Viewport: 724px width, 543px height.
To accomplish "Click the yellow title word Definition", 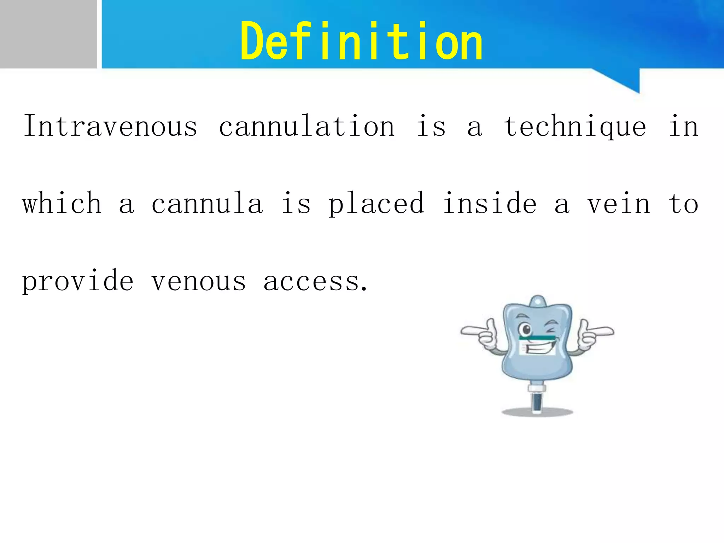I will [361, 42].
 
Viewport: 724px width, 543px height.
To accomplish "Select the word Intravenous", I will [110, 126].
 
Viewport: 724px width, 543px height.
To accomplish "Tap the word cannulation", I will [306, 126].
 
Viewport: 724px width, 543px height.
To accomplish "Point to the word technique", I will [575, 127].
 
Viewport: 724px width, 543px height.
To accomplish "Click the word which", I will [62, 203].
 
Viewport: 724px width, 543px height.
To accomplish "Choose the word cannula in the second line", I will [207, 204].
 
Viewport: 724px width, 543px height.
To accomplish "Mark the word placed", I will [376, 204].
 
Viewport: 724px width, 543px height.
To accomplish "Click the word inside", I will [490, 203].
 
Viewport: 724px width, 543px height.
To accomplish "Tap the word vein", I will [619, 204].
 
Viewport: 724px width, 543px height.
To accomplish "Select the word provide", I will [78, 281].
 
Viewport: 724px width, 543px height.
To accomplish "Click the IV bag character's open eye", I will [526, 330].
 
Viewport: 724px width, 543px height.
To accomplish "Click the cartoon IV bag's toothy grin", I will [538, 348].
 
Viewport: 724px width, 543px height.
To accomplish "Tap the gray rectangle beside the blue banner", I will [48, 34].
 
